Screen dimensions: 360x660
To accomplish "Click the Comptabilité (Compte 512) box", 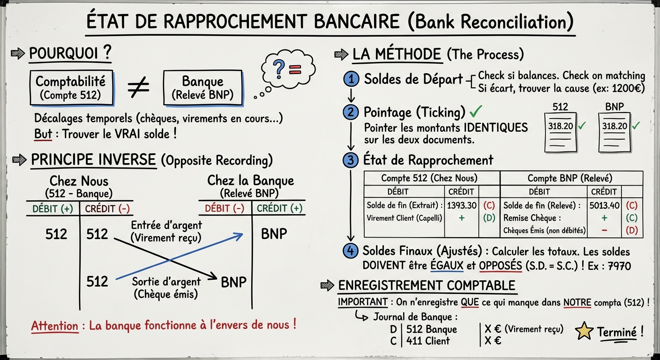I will coord(71,88).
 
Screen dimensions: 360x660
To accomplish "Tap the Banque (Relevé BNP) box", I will coord(203,88).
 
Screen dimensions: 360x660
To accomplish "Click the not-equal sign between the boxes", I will coord(139,88).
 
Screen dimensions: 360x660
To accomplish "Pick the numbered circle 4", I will coord(350,251).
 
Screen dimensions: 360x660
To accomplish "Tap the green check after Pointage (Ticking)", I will coord(476,112).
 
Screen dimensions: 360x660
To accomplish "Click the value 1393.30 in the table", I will coord(462,205).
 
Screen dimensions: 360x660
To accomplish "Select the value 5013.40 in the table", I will coord(604,205).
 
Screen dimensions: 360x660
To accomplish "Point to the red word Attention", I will coord(54,326).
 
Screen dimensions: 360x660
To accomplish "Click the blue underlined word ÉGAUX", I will coord(446,265).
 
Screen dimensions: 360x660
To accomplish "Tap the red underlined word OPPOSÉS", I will coord(500,265).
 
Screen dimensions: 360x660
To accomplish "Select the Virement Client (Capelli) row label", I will coord(405,218).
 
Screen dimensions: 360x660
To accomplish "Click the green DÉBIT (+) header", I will coord(52,209).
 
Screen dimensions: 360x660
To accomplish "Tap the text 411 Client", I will coord(427,341).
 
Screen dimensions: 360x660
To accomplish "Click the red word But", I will coord(43,134).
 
